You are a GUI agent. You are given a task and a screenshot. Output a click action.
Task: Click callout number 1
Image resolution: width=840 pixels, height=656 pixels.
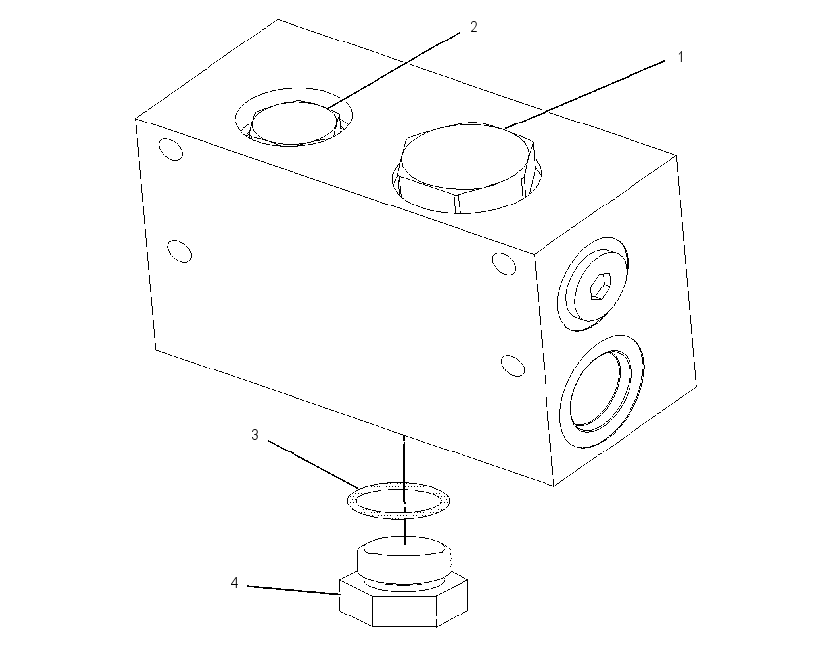tap(680, 57)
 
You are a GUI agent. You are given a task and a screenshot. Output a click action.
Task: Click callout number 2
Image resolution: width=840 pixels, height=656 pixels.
tap(474, 27)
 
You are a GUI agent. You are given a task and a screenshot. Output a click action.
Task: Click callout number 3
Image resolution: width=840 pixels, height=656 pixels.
tap(255, 435)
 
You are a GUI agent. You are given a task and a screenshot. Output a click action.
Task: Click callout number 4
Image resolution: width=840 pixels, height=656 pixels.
tap(234, 582)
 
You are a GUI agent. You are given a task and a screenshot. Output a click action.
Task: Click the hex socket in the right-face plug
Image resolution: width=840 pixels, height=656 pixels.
tap(599, 286)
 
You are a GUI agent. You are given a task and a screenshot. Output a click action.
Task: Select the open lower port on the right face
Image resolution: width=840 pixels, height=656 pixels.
tap(601, 392)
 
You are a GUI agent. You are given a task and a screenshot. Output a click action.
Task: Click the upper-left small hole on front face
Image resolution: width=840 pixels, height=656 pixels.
tap(171, 149)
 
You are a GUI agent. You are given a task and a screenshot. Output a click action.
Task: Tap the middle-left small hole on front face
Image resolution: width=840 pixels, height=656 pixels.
tap(180, 251)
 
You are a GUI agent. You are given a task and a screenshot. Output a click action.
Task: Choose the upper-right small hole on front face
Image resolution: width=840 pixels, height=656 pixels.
tap(504, 264)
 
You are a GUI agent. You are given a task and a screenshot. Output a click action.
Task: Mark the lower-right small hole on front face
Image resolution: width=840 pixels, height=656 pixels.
tap(513, 366)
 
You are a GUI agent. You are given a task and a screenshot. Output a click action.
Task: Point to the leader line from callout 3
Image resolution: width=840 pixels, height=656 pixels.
tap(313, 464)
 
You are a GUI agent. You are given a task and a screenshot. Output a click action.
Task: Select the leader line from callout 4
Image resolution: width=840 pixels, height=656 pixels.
tap(294, 590)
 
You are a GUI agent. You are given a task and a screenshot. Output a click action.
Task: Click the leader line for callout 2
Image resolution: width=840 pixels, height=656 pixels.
tap(393, 69)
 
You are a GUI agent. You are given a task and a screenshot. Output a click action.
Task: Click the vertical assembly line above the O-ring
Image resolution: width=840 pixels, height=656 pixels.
tap(404, 459)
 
